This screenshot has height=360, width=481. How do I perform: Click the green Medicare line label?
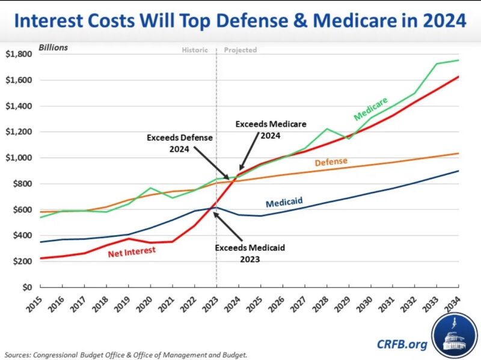click(370, 109)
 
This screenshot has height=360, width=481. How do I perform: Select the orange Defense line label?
click(331, 162)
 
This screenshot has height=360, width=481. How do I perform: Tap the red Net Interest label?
click(132, 251)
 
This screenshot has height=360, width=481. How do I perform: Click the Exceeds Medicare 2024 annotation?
click(271, 129)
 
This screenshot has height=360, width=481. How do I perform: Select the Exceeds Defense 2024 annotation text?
click(179, 142)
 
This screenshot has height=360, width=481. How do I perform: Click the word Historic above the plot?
click(195, 50)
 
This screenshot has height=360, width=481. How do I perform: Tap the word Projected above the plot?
click(240, 50)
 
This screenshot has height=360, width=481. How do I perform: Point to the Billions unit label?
click(54, 47)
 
